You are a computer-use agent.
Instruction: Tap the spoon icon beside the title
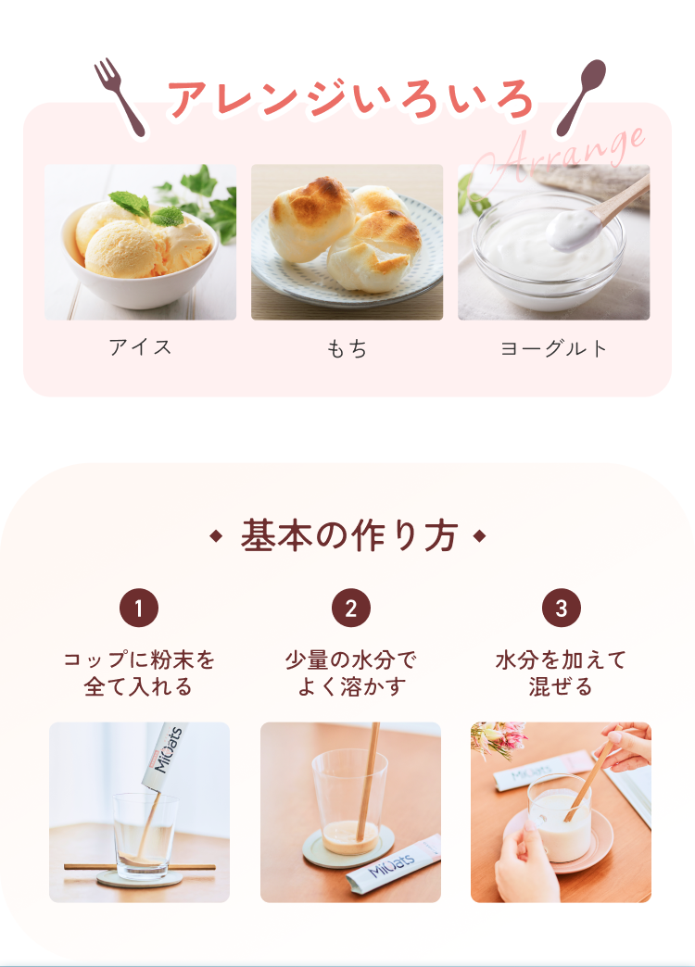(581, 96)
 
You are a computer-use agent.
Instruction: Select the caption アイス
(140, 347)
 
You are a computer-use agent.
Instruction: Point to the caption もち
(347, 349)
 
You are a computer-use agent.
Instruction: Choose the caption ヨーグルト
(553, 348)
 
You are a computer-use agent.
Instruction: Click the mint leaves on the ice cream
(147, 207)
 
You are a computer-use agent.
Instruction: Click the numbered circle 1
(139, 608)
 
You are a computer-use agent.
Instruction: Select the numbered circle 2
(350, 608)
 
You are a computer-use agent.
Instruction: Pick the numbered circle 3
(561, 608)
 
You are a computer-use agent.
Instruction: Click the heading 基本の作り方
(348, 535)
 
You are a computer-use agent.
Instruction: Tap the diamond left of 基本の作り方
(215, 536)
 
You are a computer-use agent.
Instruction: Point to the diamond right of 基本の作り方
(480, 536)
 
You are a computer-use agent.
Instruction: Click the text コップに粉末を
(139, 659)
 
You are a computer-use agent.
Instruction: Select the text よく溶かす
(351, 686)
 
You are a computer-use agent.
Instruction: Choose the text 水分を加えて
(561, 659)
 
